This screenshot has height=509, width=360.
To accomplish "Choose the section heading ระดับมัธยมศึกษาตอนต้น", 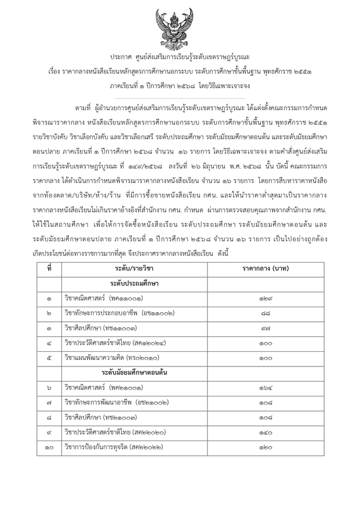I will (134, 369).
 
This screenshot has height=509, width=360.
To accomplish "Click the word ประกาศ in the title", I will (121, 57).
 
